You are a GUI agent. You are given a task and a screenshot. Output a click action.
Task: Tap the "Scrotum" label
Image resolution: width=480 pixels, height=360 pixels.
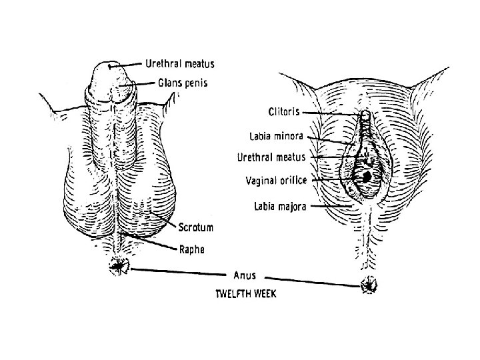pyautogui.click(x=196, y=227)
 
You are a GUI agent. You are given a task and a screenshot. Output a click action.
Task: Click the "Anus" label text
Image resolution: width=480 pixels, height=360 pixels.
pyautogui.click(x=245, y=274)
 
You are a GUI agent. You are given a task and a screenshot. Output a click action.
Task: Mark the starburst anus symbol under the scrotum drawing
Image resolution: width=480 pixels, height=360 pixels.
pyautogui.click(x=120, y=267)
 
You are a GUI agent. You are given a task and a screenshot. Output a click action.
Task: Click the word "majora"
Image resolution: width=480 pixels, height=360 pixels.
pyautogui.click(x=293, y=207)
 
